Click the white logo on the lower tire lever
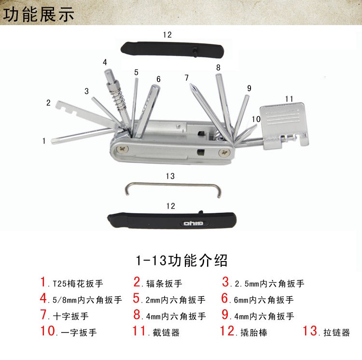[193, 223]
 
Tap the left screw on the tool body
[123, 149]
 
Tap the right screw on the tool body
[224, 152]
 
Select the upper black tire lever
[172, 49]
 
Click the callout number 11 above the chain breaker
[289, 99]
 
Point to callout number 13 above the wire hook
[170, 176]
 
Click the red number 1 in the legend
[43, 282]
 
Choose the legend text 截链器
[166, 332]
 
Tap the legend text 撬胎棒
[254, 332]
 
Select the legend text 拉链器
[336, 332]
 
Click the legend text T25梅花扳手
[78, 284]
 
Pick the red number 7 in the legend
[43, 315]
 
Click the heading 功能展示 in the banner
[39, 14]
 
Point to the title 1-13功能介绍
[181, 261]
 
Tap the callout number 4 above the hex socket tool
[105, 62]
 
